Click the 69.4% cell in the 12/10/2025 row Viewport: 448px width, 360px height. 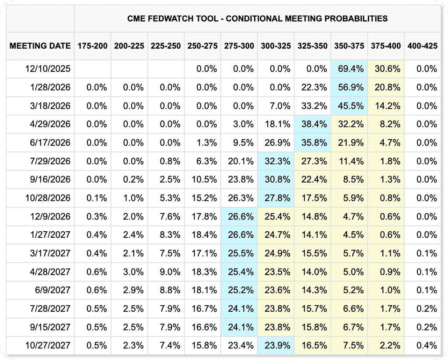pyautogui.click(x=349, y=69)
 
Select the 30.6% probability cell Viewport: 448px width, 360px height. pyautogui.click(x=386, y=69)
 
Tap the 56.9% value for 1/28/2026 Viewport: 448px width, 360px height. pyautogui.click(x=349, y=88)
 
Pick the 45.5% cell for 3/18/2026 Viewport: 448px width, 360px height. pyautogui.click(x=349, y=106)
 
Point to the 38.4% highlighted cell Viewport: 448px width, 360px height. pyautogui.click(x=312, y=124)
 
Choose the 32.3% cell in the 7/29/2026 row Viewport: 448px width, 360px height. pyautogui.click(x=276, y=161)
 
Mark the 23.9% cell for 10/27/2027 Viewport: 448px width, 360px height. pyautogui.click(x=276, y=346)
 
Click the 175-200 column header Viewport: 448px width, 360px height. pyautogui.click(x=93, y=46)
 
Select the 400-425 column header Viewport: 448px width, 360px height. pyautogui.click(x=422, y=46)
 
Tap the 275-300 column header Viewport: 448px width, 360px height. pyautogui.click(x=239, y=46)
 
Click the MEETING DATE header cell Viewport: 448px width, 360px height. pyautogui.click(x=40, y=46)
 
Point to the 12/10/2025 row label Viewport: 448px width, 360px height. pyautogui.click(x=48, y=69)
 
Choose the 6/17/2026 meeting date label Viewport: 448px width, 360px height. pyautogui.click(x=50, y=143)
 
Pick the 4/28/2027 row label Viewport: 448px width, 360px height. pyautogui.click(x=50, y=272)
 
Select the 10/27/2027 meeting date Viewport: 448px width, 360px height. pyautogui.click(x=48, y=346)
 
